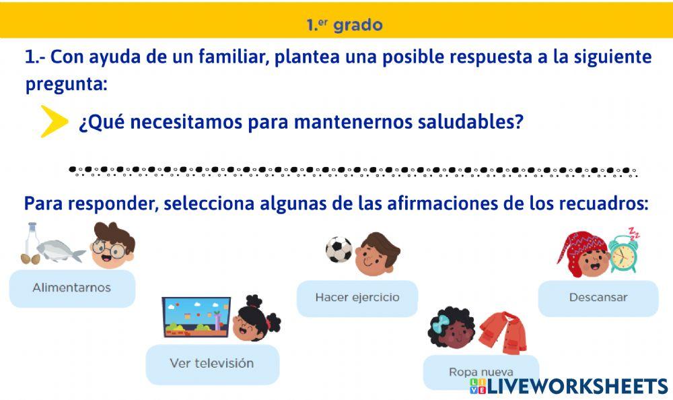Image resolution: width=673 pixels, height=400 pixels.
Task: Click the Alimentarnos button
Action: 72,288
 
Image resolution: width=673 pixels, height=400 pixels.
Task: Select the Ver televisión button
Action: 212,364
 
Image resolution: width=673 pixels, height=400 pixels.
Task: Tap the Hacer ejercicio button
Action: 357,298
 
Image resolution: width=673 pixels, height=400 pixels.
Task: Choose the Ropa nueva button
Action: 481,372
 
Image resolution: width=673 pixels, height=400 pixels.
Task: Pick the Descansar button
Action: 598,298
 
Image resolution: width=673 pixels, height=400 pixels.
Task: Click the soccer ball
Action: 339,250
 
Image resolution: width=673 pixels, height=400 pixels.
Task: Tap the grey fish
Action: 59,251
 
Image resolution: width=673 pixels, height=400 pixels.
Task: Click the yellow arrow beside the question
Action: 54,122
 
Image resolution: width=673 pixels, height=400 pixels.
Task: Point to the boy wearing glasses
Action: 112,246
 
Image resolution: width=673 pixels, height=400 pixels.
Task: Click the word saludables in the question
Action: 470,123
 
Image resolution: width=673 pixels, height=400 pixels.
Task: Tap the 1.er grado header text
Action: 344,26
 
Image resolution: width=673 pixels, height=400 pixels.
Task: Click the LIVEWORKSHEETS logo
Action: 568,386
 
